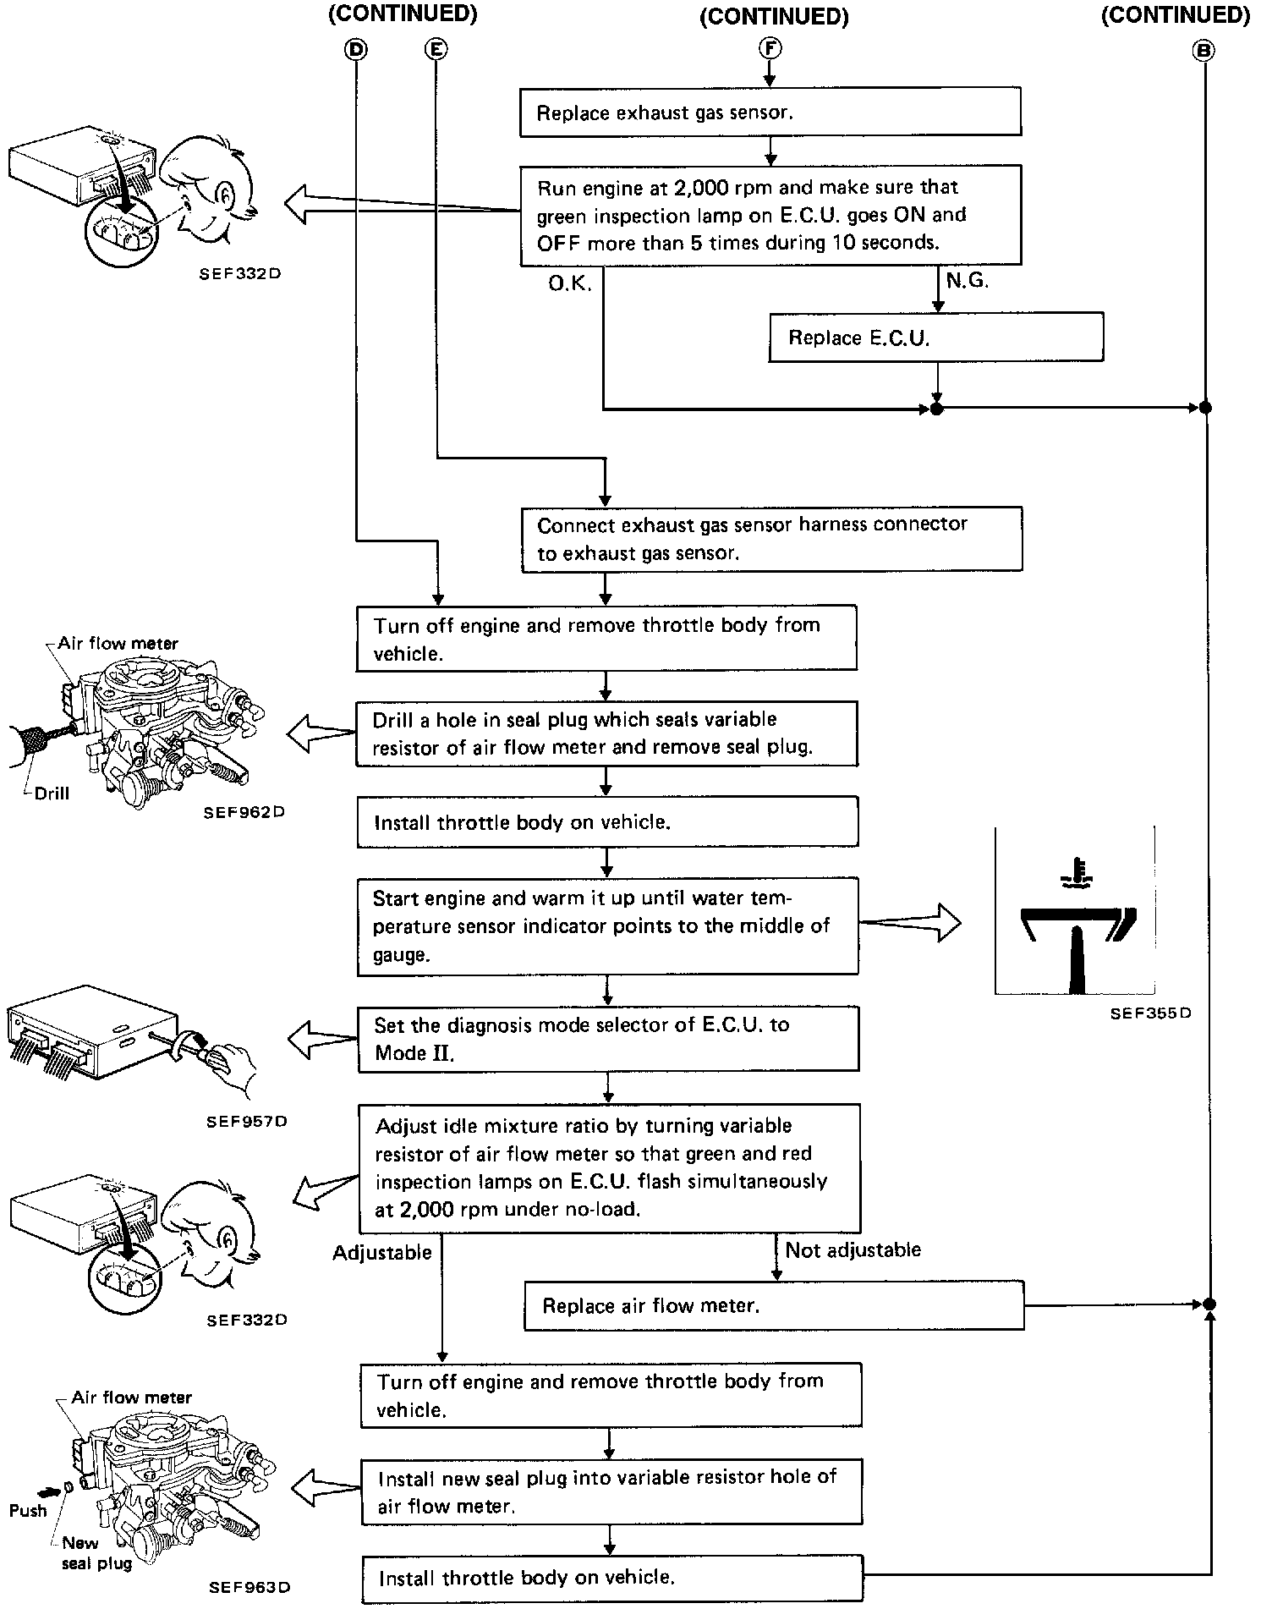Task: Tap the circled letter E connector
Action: coord(436,49)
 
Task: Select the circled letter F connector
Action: coord(770,48)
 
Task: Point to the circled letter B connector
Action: coord(1202,50)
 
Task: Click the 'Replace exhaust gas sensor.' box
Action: coord(770,113)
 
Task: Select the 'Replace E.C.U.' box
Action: coord(935,338)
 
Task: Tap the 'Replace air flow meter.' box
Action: coord(773,1305)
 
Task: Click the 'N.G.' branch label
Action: coord(968,281)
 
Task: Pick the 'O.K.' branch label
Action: coord(569,283)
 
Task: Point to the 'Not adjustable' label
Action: coord(853,1249)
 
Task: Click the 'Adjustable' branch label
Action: coord(381,1252)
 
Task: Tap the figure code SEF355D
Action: coord(1150,1013)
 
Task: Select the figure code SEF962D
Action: coord(244,812)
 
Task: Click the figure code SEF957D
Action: coord(247,1121)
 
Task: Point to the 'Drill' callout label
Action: coord(52,794)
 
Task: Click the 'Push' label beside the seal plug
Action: coord(28,1510)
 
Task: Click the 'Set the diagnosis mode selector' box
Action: coord(607,1038)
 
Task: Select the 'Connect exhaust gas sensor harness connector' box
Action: coord(771,538)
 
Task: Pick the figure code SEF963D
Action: coord(249,1587)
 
